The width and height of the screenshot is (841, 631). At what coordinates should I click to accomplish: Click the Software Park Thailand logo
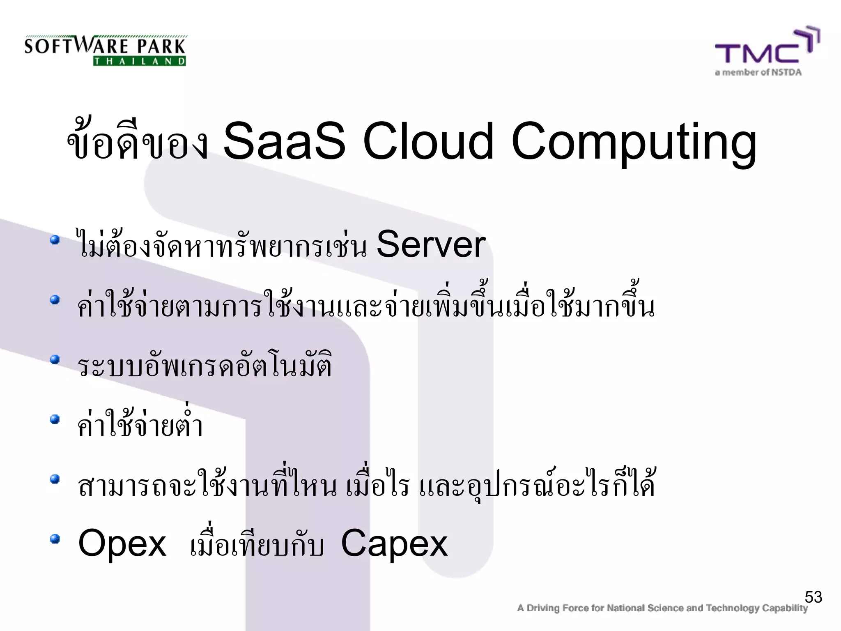click(x=105, y=50)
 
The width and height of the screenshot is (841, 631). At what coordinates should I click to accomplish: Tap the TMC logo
click(x=766, y=48)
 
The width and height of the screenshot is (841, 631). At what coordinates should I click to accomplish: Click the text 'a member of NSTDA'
click(x=758, y=73)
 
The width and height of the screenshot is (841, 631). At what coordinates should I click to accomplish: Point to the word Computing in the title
click(x=634, y=143)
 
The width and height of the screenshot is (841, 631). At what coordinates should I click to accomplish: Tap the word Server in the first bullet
click(x=431, y=245)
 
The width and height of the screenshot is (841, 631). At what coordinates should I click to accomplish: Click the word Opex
click(x=122, y=543)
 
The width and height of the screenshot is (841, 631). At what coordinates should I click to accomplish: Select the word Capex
click(x=394, y=543)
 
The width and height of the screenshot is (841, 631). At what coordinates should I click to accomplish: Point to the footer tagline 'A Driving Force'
click(x=662, y=608)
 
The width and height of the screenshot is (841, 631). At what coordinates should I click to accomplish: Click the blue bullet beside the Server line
click(x=55, y=240)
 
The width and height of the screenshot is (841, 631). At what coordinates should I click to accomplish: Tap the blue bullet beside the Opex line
click(x=55, y=539)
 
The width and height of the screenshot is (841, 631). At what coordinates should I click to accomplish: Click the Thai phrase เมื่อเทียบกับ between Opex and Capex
click(x=257, y=545)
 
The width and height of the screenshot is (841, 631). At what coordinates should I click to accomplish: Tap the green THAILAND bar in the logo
click(x=140, y=61)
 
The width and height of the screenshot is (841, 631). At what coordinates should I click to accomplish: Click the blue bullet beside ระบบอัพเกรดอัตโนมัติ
click(x=55, y=359)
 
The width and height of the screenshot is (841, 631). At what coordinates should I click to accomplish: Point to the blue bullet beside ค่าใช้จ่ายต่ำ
click(x=55, y=419)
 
